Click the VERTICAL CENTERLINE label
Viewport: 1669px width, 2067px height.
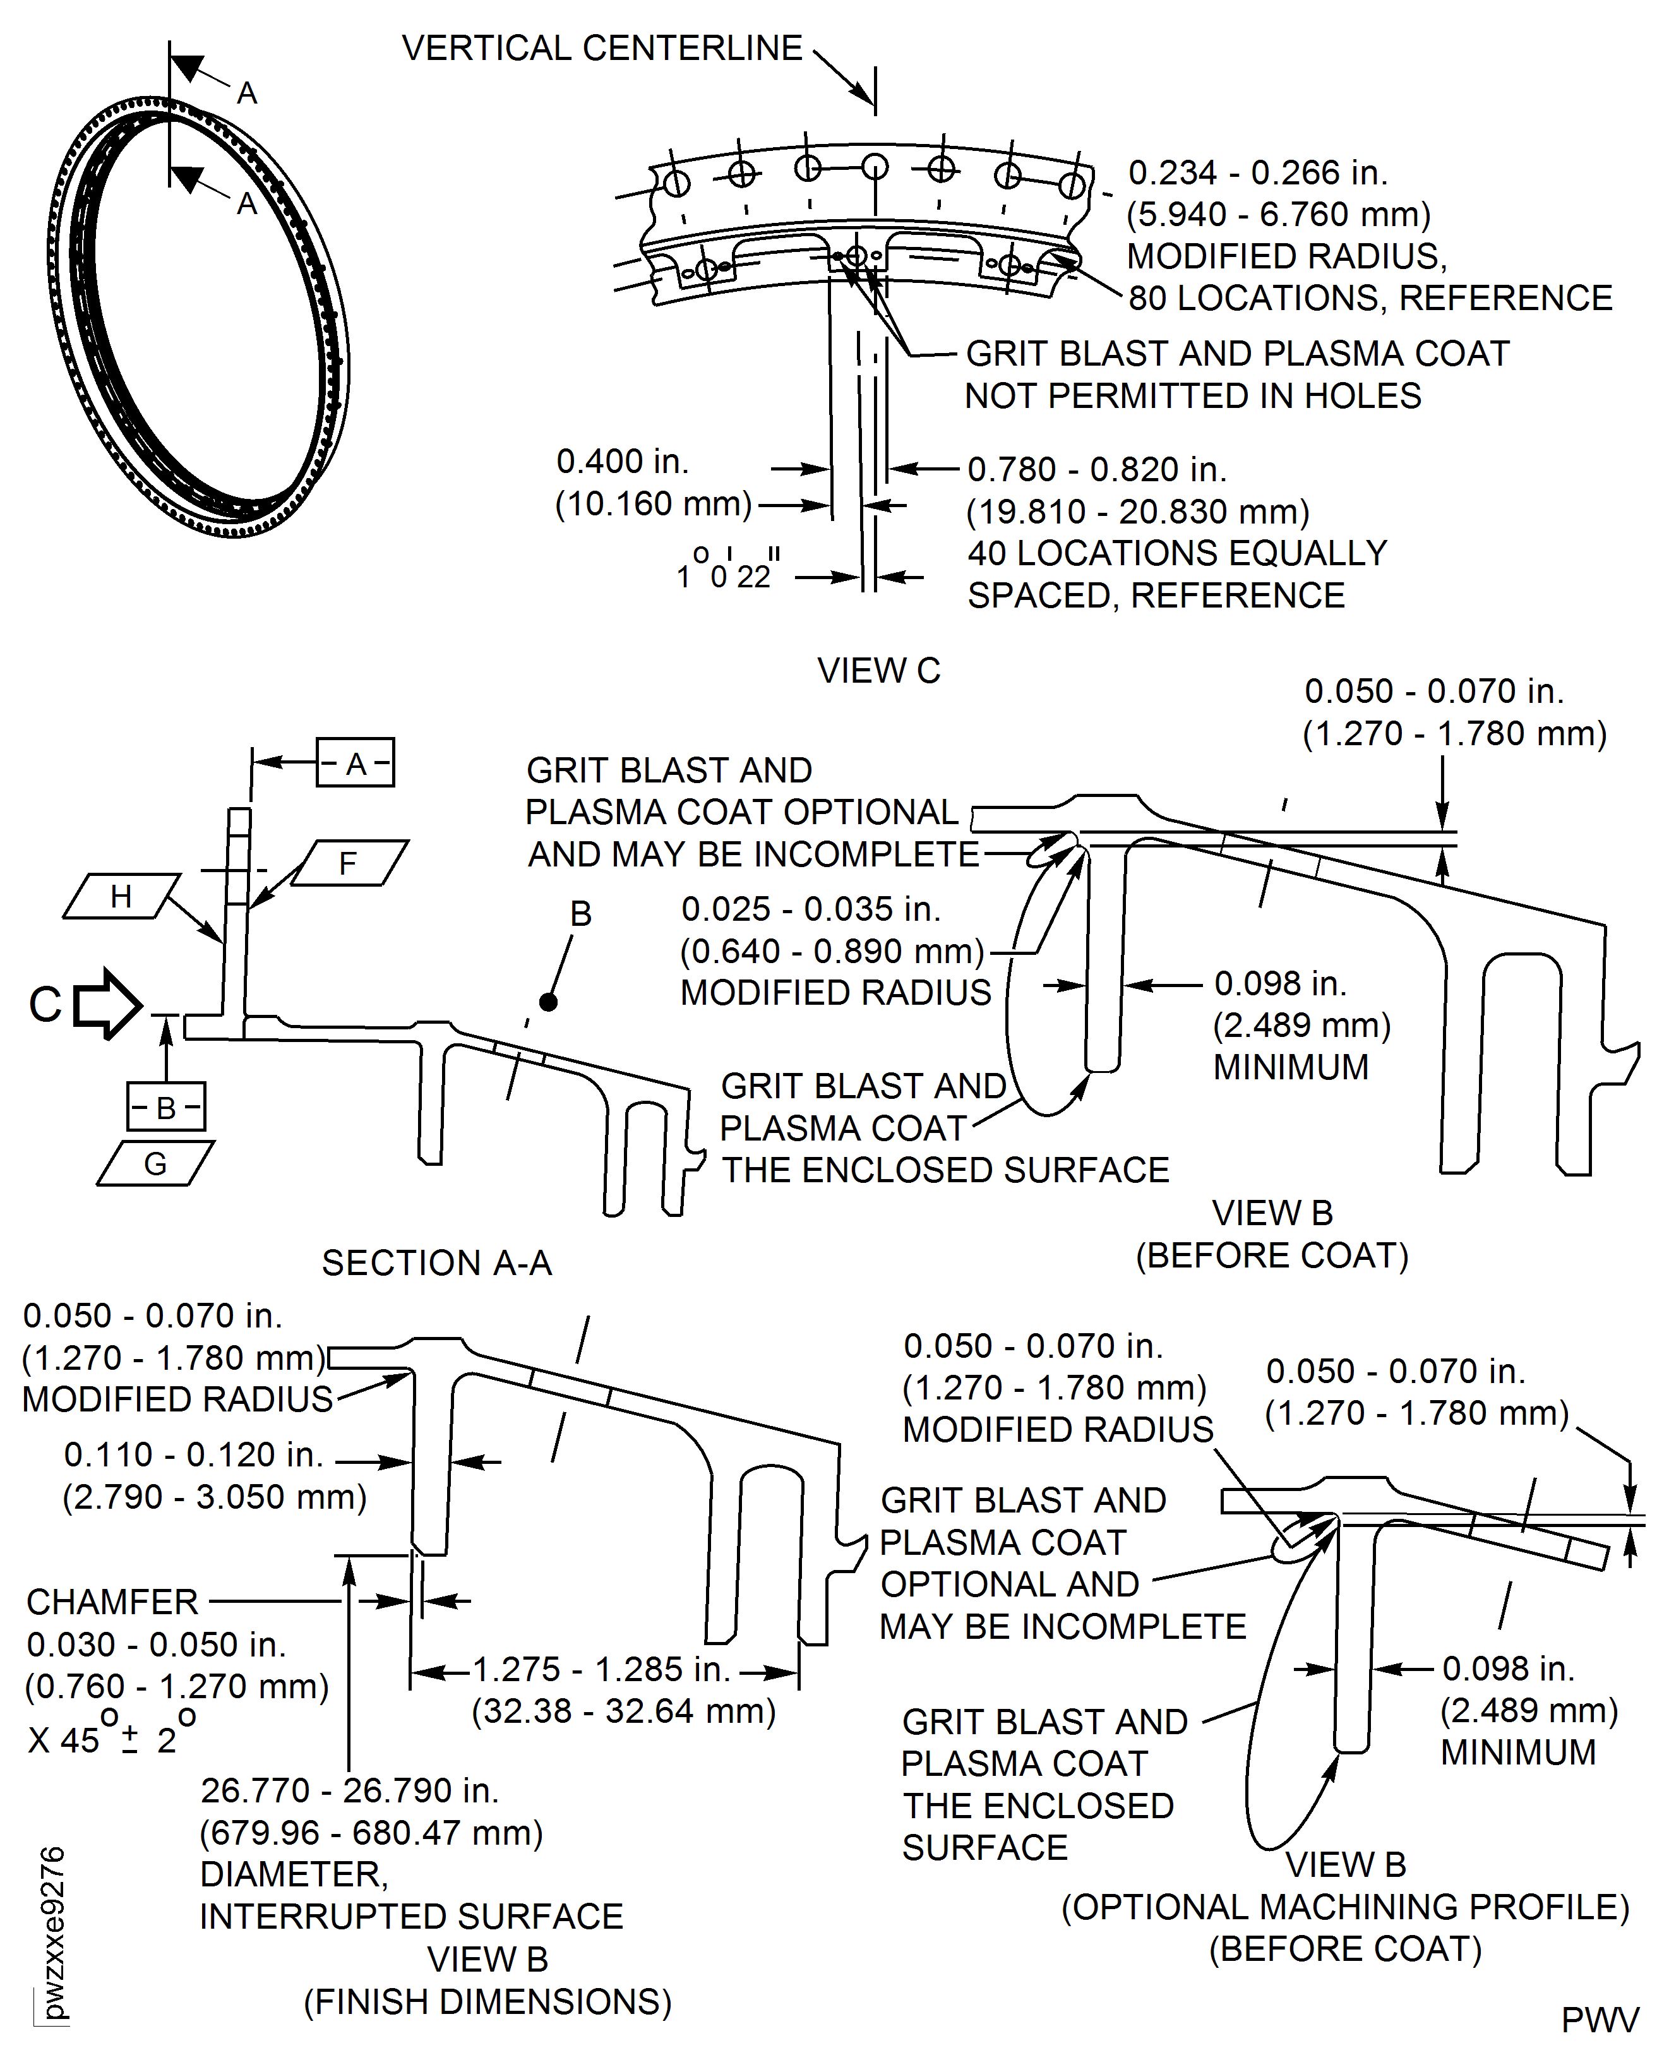coord(602,48)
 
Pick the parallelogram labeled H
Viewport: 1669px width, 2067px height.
coord(121,896)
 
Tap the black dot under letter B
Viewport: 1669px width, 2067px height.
coord(548,1002)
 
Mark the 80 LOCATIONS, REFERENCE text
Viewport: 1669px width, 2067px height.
coord(1370,298)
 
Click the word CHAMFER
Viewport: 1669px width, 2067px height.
coord(112,1602)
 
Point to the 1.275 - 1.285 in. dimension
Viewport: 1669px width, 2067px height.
coord(601,1669)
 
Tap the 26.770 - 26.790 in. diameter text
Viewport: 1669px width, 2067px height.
coord(349,1790)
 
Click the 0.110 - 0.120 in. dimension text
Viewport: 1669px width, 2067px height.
coord(193,1454)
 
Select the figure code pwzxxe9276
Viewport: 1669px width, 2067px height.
coord(54,1933)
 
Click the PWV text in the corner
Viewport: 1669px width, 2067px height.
coord(1599,2020)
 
